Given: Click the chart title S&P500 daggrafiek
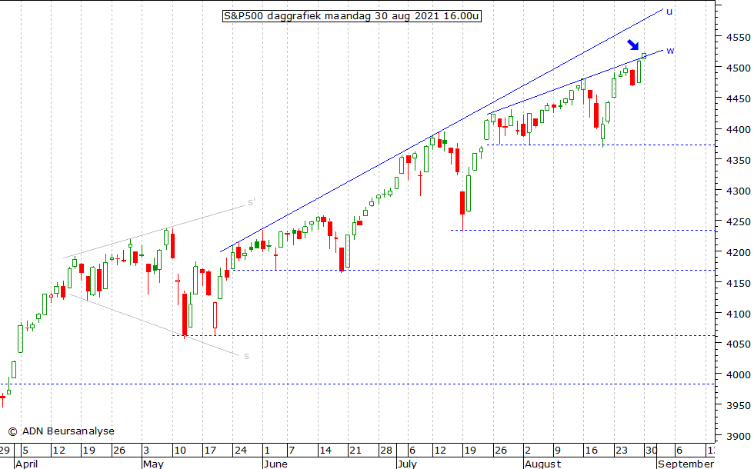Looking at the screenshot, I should click(x=352, y=15).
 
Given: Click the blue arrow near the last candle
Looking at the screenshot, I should click(x=632, y=46).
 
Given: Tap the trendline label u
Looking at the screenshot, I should click(x=669, y=12).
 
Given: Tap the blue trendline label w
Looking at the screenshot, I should click(x=670, y=51).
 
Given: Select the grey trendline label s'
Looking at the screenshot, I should click(x=251, y=203).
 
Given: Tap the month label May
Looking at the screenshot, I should click(x=152, y=464).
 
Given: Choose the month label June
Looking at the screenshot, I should click(x=275, y=464).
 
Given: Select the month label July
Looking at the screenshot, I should click(x=408, y=464).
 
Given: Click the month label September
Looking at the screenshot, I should click(x=686, y=464).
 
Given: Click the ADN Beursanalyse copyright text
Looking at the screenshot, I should click(x=61, y=431).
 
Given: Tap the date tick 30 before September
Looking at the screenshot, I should click(x=650, y=451).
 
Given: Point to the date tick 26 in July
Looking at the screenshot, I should click(x=501, y=451).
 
